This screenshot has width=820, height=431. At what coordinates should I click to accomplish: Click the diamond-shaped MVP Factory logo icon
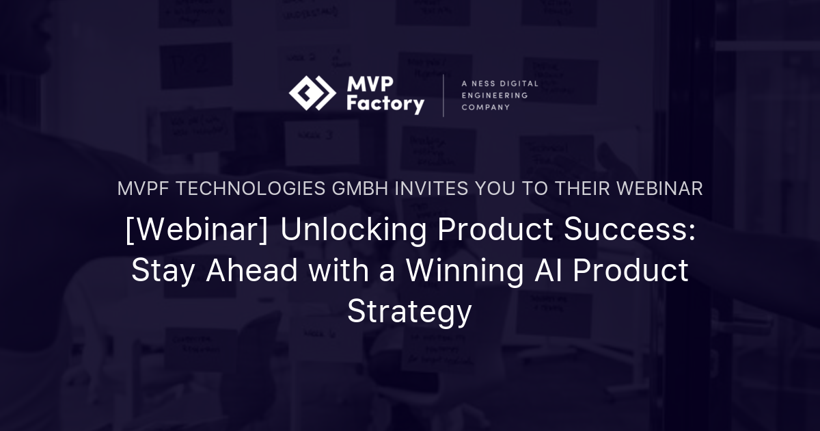click(312, 94)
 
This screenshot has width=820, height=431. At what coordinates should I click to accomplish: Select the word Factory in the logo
click(385, 105)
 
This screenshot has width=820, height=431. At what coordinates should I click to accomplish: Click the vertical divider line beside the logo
click(443, 95)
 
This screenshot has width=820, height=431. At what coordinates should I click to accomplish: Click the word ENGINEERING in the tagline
click(494, 95)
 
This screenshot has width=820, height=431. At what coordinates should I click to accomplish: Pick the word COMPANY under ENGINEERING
click(485, 107)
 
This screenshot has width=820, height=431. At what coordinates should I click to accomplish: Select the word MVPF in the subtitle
click(143, 189)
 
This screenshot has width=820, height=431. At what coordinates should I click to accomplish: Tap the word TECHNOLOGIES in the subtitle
click(251, 189)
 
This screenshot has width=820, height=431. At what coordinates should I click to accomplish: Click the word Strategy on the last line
click(409, 311)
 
